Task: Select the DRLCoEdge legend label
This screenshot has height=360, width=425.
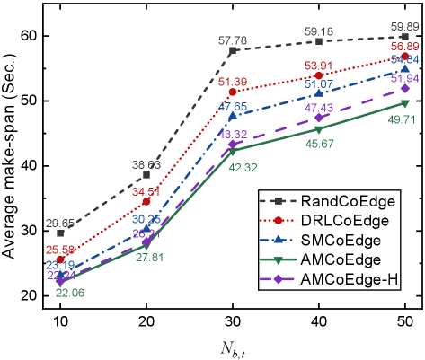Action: [x=345, y=221]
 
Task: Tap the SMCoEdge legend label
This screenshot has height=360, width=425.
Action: [x=341, y=241]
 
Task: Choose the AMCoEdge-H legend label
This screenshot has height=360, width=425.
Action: [x=350, y=280]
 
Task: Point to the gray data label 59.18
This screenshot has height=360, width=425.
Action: [x=318, y=31]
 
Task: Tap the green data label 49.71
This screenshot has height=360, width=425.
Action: [x=402, y=119]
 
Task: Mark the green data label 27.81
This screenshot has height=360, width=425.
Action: [x=149, y=257]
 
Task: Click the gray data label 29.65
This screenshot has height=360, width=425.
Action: [x=60, y=222]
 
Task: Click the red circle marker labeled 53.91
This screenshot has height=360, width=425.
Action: [x=319, y=75]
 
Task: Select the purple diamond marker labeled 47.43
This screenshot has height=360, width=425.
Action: [x=318, y=119]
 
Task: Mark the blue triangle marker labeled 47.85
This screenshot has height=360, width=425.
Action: [x=233, y=116]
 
